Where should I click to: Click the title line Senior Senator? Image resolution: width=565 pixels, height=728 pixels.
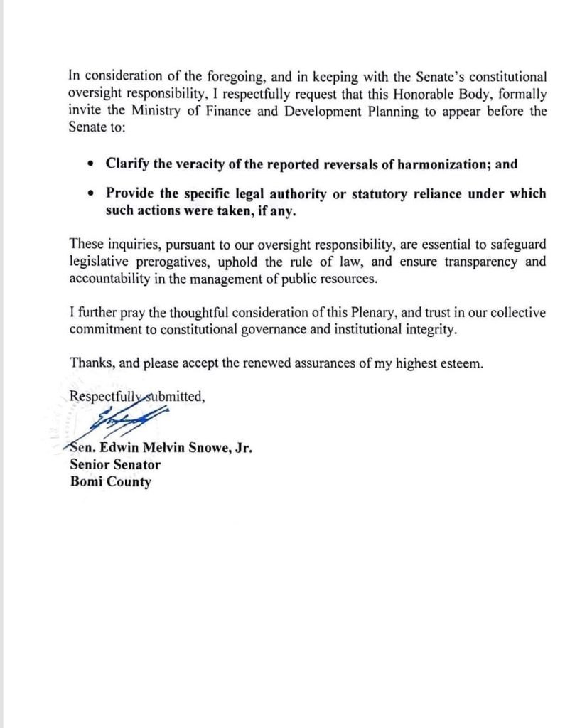[x=115, y=465]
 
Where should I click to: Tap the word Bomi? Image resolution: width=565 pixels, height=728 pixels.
[x=87, y=481]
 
